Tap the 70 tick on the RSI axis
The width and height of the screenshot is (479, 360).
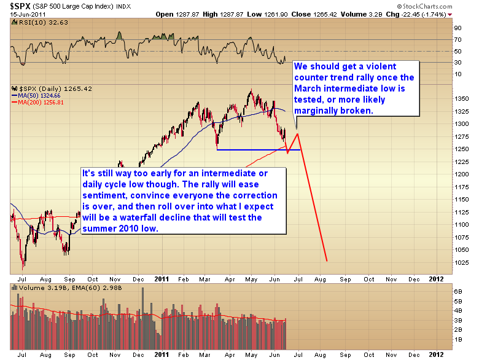[x=458, y=39]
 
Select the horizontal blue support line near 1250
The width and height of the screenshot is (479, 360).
[x=258, y=149]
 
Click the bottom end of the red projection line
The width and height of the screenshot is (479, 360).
[x=327, y=261]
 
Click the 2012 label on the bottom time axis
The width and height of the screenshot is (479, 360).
[x=435, y=355]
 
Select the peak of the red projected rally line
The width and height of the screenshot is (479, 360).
[x=298, y=133]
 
